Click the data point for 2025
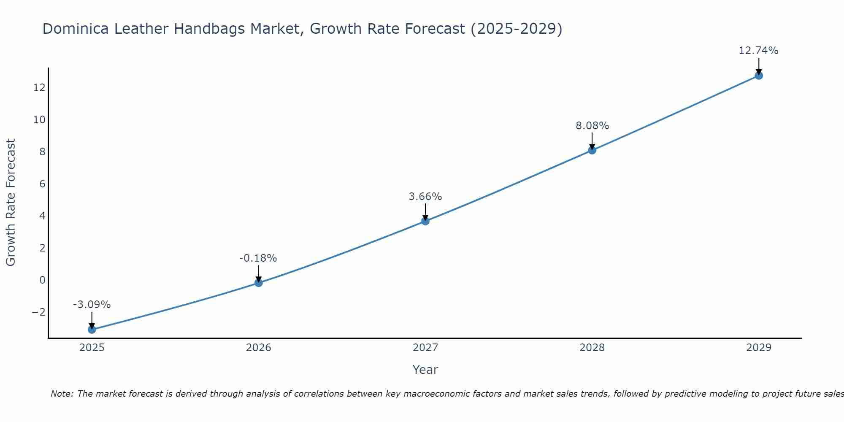tap(92, 329)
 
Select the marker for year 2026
tap(259, 283)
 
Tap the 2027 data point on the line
tap(425, 221)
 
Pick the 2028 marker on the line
tap(592, 150)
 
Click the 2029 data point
tap(759, 76)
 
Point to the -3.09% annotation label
tap(92, 305)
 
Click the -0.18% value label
tap(258, 258)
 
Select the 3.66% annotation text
tap(425, 197)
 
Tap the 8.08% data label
tap(592, 126)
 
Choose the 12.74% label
tap(758, 51)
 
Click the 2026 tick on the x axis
tap(259, 348)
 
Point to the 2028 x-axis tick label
tap(592, 348)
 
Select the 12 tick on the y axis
tap(40, 88)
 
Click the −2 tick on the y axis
tap(38, 312)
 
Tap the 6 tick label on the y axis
tap(42, 184)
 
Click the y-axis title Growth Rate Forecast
tap(11, 203)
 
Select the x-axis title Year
tap(425, 370)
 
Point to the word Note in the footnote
tap(62, 394)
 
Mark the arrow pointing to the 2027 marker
tap(425, 212)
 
